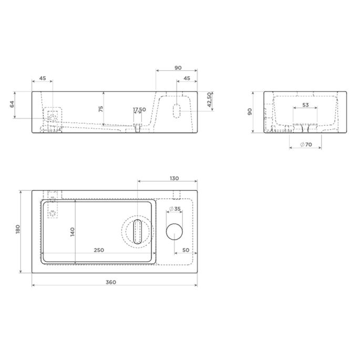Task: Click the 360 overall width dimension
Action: tap(111, 282)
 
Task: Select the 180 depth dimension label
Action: tap(18, 229)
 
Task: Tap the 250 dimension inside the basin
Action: tap(99, 250)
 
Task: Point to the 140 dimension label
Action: tap(73, 232)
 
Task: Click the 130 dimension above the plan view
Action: tap(174, 178)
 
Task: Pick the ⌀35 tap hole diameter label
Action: tap(175, 209)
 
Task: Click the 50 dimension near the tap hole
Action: tap(186, 250)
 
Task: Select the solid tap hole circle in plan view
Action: tap(174, 232)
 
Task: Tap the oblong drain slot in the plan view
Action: tap(138, 231)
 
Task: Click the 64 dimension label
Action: tap(12, 104)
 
